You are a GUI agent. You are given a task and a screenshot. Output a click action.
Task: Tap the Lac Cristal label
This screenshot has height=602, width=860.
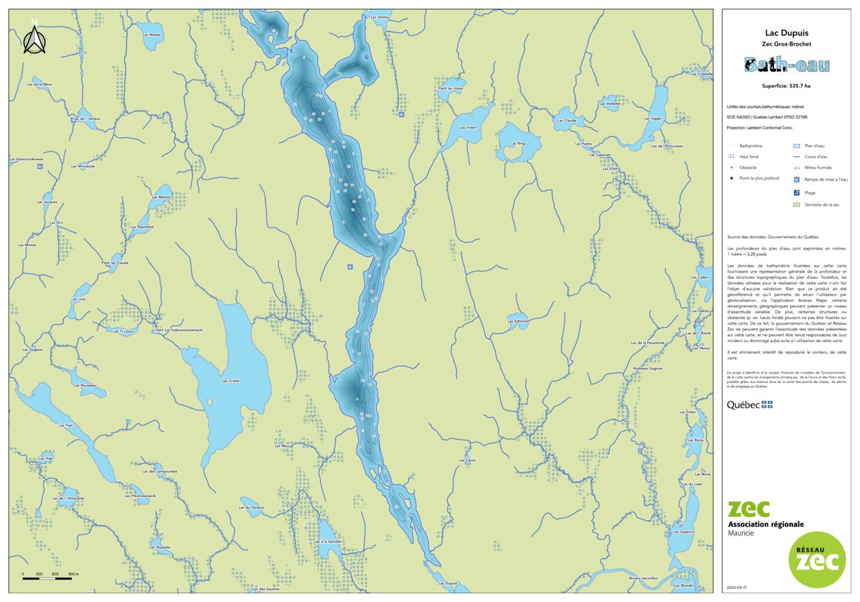tap(231, 380)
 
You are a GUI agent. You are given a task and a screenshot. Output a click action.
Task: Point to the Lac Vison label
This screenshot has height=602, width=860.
tap(467, 127)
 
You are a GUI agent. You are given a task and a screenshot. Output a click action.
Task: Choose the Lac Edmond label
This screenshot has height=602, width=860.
tap(518, 321)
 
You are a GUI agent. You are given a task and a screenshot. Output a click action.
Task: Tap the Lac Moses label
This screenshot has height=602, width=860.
tap(151, 35)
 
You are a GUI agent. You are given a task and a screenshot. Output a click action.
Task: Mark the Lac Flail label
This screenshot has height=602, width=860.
tap(65, 425)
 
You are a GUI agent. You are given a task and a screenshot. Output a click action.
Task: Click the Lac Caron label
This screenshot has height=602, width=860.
tap(467, 460)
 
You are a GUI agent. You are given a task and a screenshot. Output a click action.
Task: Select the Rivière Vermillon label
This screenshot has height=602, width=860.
tap(643, 578)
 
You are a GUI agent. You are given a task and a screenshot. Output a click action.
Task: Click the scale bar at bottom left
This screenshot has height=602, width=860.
tap(48, 578)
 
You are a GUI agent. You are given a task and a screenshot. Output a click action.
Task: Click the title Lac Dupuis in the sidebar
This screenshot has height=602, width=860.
tap(786, 33)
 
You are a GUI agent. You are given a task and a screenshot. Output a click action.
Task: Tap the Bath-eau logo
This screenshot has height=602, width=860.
tap(786, 65)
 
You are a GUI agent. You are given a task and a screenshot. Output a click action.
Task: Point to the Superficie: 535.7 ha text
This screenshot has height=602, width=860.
tap(786, 87)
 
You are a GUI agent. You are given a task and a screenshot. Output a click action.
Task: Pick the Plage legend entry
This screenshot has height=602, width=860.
tap(810, 192)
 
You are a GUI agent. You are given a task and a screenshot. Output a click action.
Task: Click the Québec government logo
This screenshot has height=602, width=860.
tap(750, 405)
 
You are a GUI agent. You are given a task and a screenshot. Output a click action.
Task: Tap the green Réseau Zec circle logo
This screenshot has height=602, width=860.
tap(817, 560)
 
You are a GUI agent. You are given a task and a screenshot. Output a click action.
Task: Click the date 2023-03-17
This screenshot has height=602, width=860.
tap(738, 588)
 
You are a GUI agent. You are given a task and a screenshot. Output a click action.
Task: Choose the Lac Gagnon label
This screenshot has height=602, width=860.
tap(683, 532)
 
